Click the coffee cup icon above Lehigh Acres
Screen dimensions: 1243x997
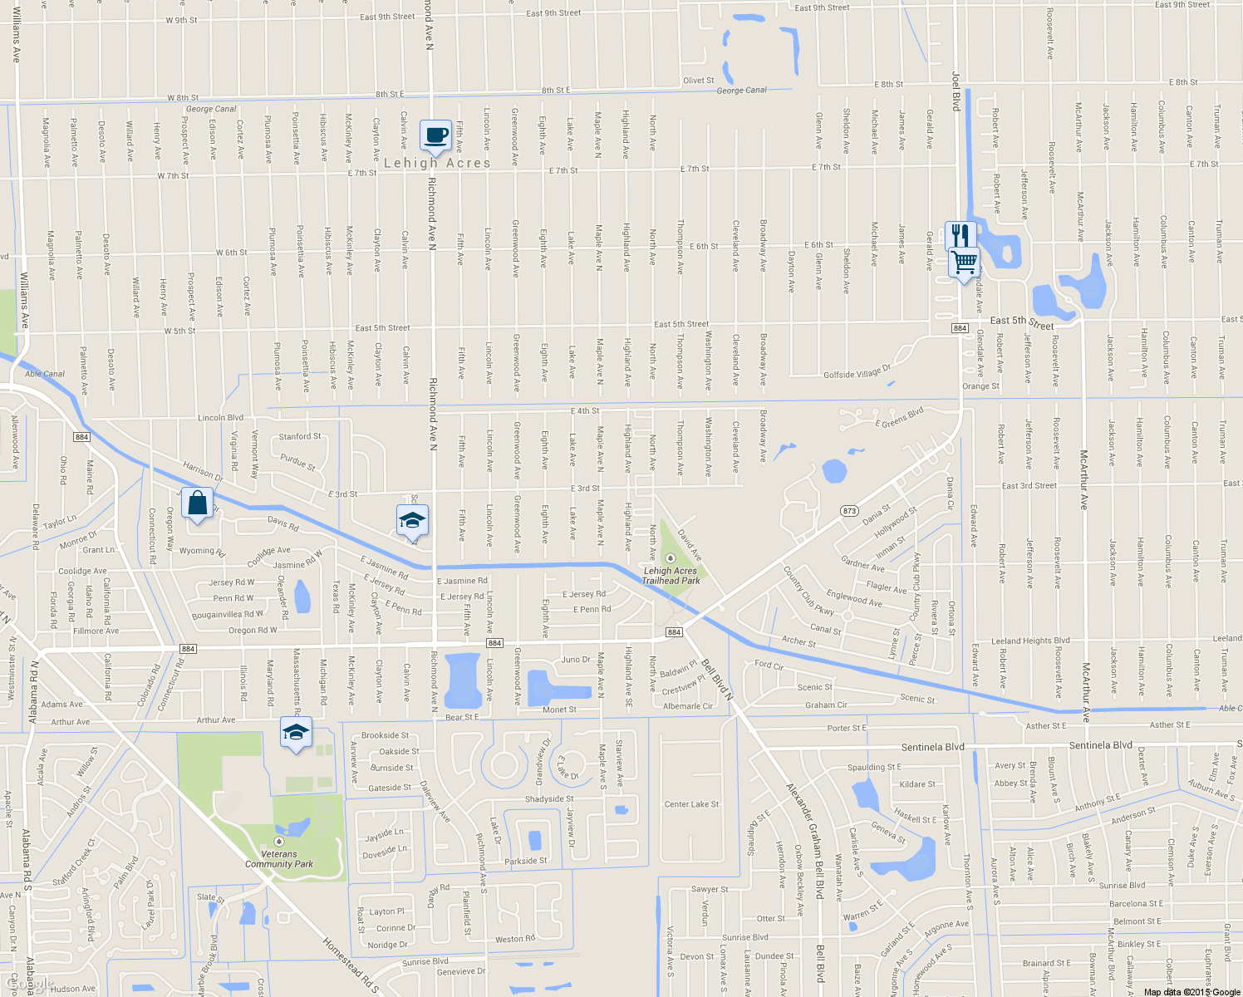coord(436,135)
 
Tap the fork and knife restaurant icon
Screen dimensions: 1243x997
coord(957,234)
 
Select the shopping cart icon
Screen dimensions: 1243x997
coord(964,263)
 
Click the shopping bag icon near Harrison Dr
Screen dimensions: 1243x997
coord(197,503)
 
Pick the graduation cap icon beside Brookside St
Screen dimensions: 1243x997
coord(296,733)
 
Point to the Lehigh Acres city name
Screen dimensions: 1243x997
coord(437,163)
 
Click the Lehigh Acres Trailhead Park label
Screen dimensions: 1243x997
coord(671,575)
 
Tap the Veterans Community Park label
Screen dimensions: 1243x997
coord(279,858)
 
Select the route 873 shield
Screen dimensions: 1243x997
coord(849,510)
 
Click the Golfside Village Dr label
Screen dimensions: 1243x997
coord(857,371)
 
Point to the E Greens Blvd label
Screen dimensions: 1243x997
coord(900,417)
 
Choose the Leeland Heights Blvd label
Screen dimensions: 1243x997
coord(1030,641)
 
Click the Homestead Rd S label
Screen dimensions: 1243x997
coord(351,965)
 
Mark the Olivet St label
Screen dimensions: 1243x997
coord(698,81)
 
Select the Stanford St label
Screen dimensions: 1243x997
coord(300,436)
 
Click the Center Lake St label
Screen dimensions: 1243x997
coord(691,804)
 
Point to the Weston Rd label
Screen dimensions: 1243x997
coord(515,939)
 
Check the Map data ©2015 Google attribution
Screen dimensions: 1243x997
coord(1191,991)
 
